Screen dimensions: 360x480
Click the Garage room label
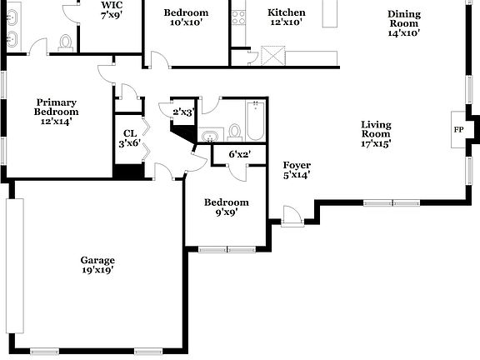tap(97, 264)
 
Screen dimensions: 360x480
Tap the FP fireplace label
tap(457, 130)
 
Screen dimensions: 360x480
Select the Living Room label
tap(376, 134)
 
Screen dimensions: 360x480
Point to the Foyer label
tap(296, 169)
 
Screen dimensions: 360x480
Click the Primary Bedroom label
tap(56, 111)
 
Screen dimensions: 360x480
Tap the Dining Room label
tap(403, 23)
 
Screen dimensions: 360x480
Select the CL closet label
tap(129, 137)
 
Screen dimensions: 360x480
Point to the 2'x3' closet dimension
tap(182, 112)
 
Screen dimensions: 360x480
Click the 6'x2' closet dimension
tap(240, 154)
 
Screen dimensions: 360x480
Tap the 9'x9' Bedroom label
tap(226, 207)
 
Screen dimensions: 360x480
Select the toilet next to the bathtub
tap(235, 132)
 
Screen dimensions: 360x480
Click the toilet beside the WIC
tap(65, 41)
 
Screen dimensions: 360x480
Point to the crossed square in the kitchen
tap(272, 57)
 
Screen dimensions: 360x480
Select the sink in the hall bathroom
tap(210, 135)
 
